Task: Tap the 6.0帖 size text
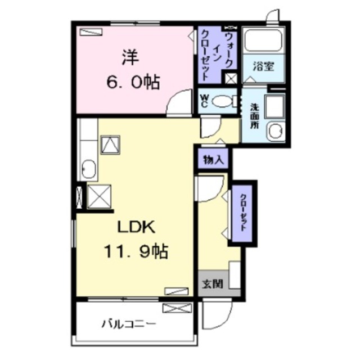[133, 82]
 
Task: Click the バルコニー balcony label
[129, 325]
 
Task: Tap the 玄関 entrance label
[213, 284]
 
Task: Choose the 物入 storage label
[213, 159]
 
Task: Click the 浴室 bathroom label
[263, 66]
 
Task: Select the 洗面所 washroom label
[254, 116]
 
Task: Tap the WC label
[205, 101]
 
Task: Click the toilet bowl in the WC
[224, 101]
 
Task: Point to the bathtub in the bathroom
[263, 40]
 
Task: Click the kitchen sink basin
[89, 169]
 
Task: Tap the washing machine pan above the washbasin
[275, 106]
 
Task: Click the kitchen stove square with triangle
[110, 145]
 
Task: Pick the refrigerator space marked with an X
[99, 197]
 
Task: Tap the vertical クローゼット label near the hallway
[242, 213]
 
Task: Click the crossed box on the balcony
[177, 308]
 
